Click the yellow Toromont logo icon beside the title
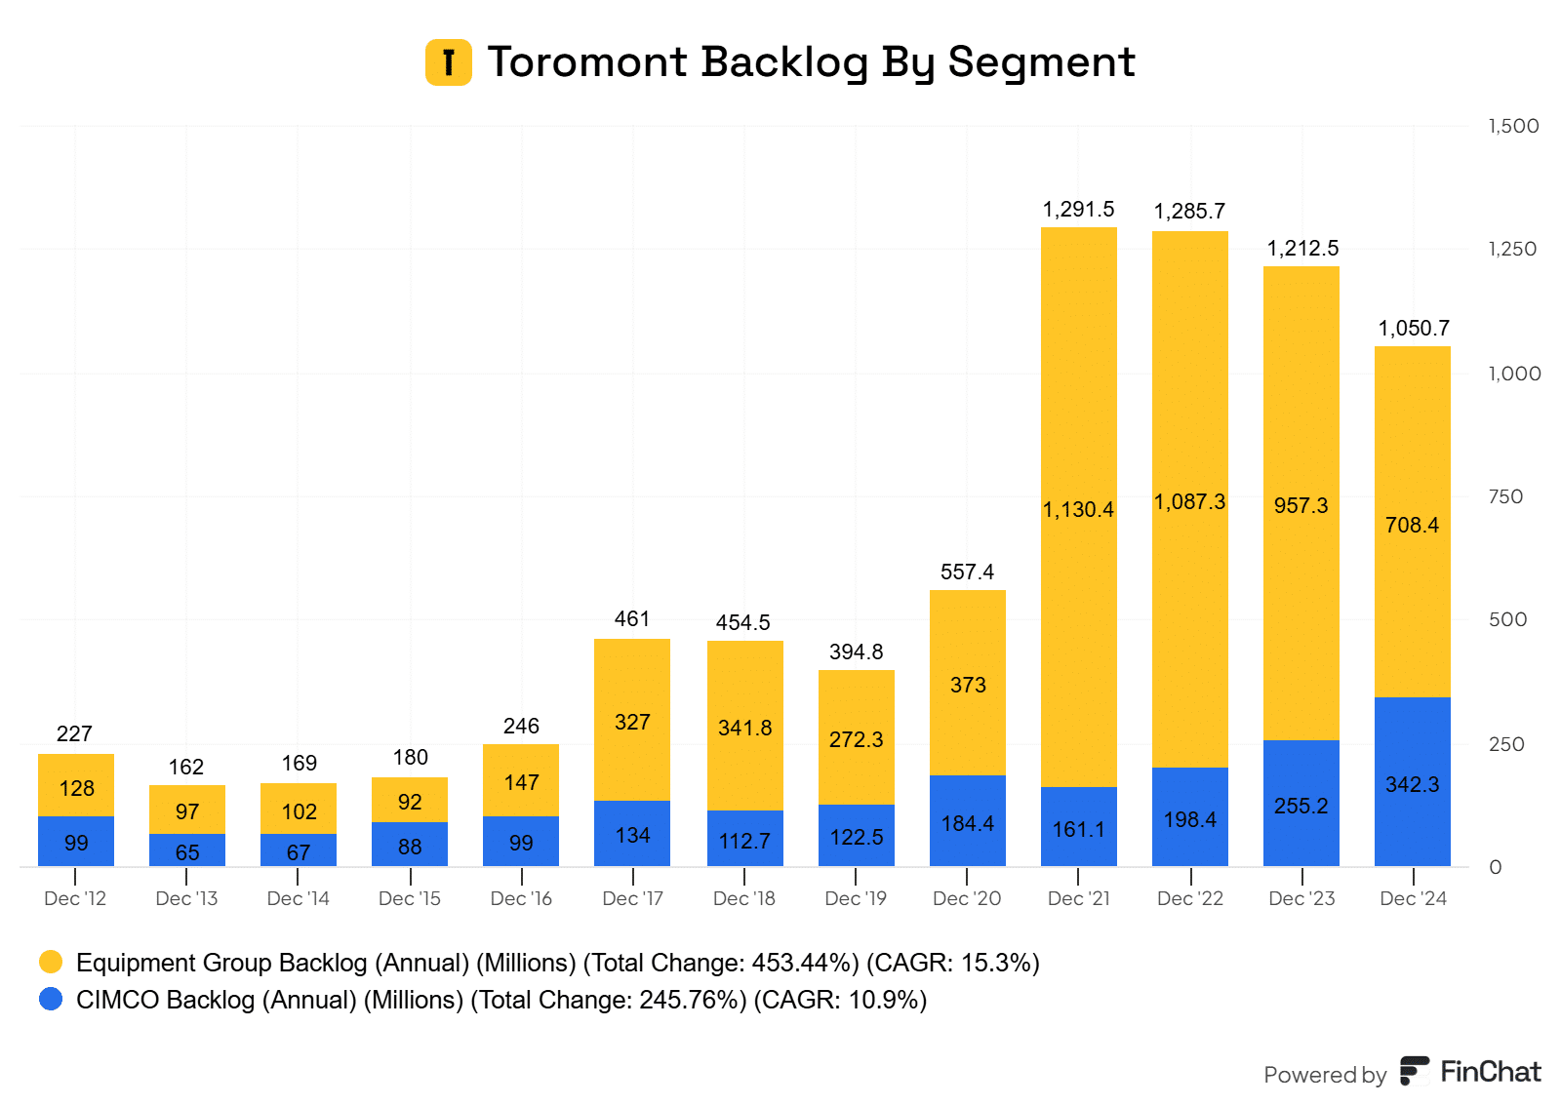(448, 62)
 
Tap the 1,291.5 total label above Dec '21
(1078, 210)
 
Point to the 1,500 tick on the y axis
(1513, 126)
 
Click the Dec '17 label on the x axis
(632, 898)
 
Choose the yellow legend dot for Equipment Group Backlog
(51, 963)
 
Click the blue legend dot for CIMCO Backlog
(51, 1000)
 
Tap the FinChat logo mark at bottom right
(1414, 1071)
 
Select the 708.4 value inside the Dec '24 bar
(1412, 526)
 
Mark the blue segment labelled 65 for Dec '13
(186, 850)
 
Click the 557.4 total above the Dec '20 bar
(967, 573)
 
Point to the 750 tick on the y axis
(1505, 496)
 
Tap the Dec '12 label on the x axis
(75, 898)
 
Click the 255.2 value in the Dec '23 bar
(1301, 806)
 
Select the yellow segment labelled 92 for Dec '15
(410, 800)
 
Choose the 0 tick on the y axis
(1495, 867)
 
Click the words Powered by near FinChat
(1324, 1075)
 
